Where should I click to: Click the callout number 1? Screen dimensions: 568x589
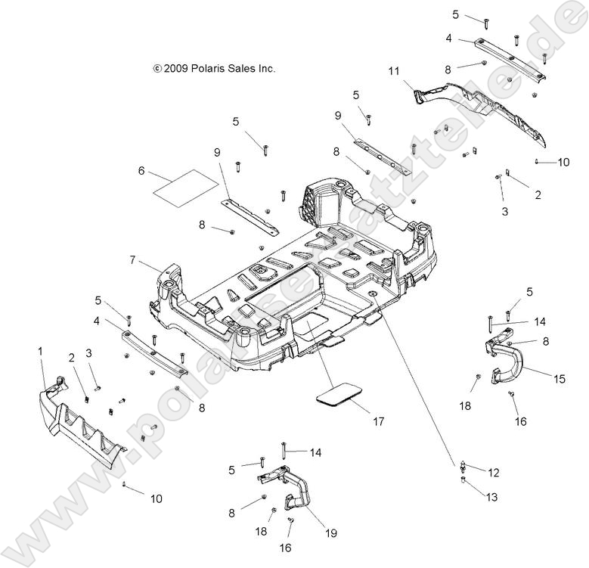[x=41, y=351]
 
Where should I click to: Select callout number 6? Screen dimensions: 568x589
[x=141, y=171]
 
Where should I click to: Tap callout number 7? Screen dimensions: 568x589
[x=132, y=260]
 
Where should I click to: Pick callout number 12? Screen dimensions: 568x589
[x=494, y=473]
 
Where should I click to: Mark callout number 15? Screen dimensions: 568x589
[x=559, y=379]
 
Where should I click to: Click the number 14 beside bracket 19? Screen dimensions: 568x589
[x=315, y=452]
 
